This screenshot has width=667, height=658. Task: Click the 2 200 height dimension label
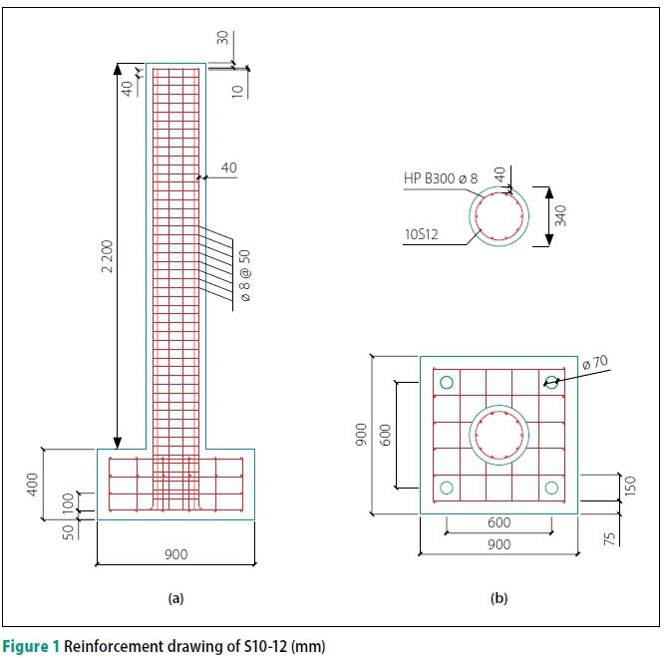(108, 256)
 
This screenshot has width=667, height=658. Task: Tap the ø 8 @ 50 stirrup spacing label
(245, 275)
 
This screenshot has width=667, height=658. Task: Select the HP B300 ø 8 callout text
(441, 178)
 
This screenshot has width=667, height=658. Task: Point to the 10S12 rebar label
(421, 234)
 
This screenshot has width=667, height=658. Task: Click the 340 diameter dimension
(560, 215)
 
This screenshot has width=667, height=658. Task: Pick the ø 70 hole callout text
(595, 363)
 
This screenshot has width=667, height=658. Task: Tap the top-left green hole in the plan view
(447, 383)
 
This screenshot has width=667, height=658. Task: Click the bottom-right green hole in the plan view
(551, 488)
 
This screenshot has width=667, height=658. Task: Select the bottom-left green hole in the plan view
(447, 488)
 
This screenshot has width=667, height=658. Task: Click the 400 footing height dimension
(33, 485)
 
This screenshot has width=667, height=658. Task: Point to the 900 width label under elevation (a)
(176, 554)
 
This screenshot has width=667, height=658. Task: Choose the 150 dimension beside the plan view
(631, 487)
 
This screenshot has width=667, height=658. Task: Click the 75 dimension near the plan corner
(609, 539)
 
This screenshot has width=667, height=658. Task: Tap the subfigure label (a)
(176, 598)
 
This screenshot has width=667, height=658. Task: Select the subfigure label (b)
(499, 598)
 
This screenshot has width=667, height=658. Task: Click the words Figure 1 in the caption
(31, 646)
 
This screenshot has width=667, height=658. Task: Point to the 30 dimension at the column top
(222, 38)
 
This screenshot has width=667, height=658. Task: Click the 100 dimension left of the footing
(68, 503)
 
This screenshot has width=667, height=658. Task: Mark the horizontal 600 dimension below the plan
(499, 522)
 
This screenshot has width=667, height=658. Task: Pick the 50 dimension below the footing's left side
(68, 532)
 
